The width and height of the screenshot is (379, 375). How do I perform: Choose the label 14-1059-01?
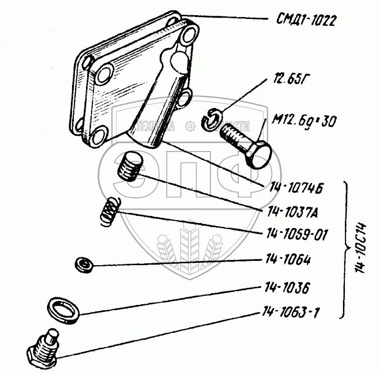(x=298, y=234)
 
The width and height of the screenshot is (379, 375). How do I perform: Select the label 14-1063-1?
(x=290, y=312)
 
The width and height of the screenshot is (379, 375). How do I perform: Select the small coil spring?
(x=110, y=209)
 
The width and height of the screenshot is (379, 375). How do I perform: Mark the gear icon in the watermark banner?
(x=189, y=126)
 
